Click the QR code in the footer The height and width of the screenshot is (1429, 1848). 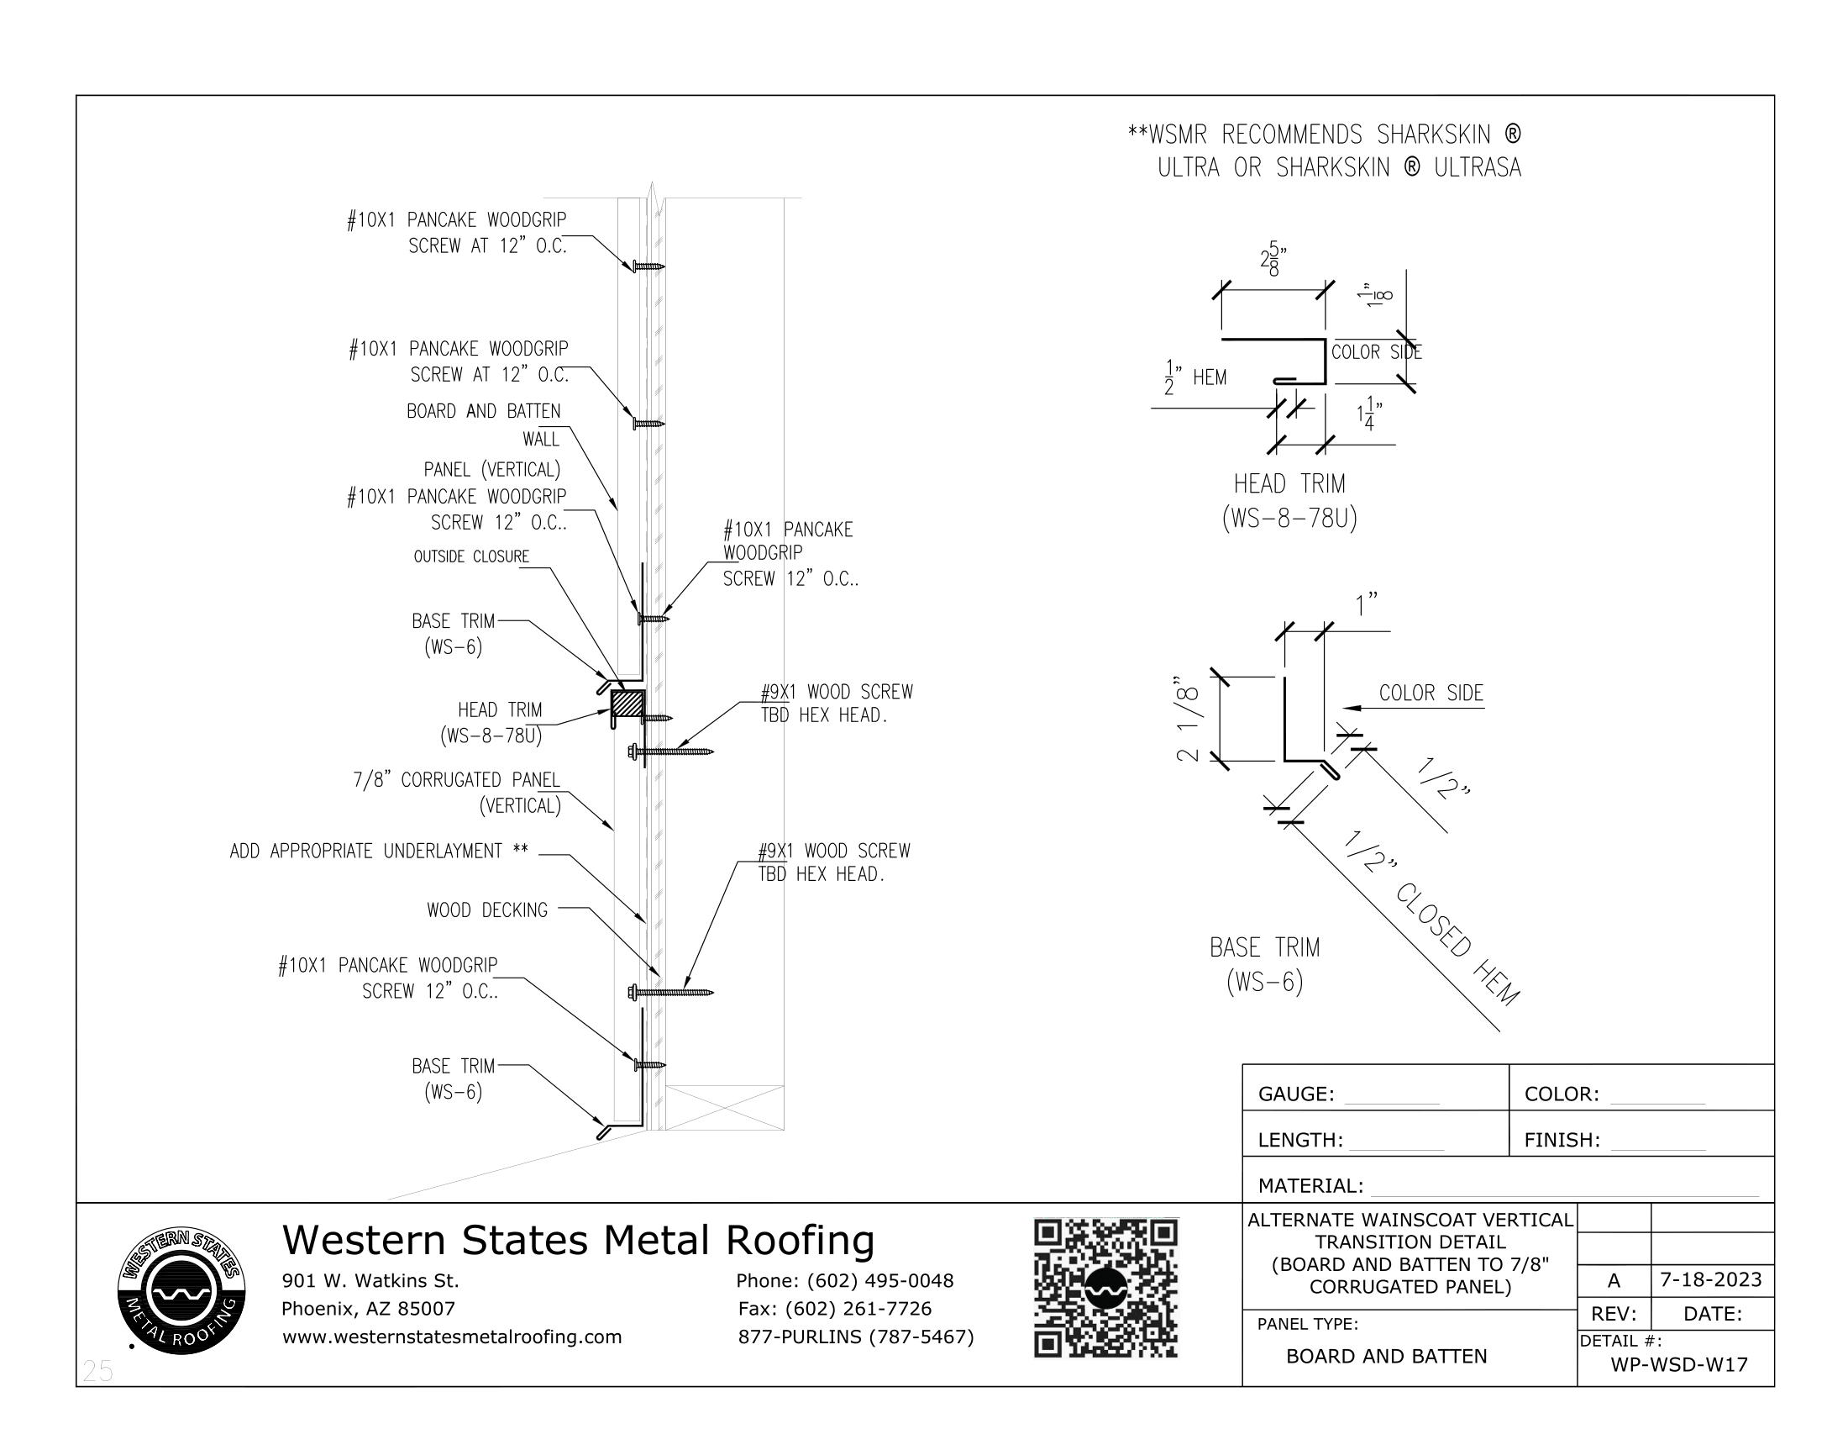[1105, 1288]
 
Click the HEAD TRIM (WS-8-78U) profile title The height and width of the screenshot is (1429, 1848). [1289, 500]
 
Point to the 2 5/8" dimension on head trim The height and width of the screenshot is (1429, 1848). [1273, 260]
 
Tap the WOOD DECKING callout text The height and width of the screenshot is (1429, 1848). [486, 910]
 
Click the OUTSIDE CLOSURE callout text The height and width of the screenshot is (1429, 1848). [471, 556]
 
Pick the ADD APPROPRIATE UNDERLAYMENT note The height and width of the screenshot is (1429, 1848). [378, 851]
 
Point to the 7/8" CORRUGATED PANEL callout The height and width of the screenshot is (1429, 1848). [457, 792]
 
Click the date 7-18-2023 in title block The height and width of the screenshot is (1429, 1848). [1710, 1279]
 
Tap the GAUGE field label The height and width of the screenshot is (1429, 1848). [1295, 1094]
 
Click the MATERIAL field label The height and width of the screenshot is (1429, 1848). [1310, 1185]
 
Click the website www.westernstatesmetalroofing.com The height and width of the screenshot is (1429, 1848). [452, 1337]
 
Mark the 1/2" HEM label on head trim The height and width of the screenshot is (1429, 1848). [1195, 377]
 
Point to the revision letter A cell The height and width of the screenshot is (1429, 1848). [1613, 1280]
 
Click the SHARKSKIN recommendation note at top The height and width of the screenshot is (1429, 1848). [1324, 150]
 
